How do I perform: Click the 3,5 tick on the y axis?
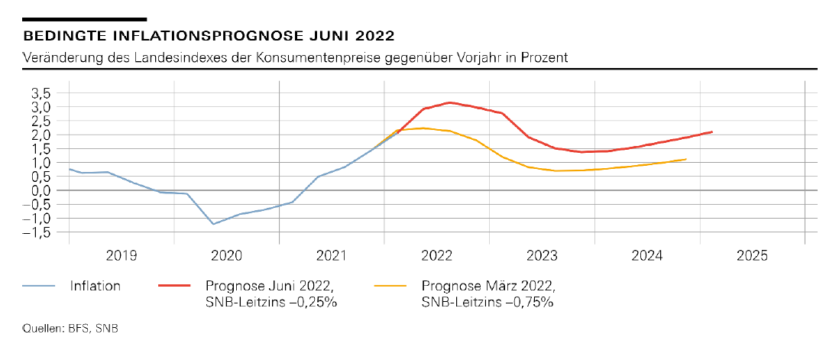(x=40, y=93)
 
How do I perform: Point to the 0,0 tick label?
(x=40, y=190)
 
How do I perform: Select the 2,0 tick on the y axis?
(x=40, y=135)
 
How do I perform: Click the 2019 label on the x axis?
(x=121, y=256)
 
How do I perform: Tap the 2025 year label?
(x=753, y=256)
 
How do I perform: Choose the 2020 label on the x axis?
(x=226, y=256)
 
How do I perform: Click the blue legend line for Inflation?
(x=40, y=286)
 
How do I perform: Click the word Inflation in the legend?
(x=96, y=286)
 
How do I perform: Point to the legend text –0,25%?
(x=314, y=301)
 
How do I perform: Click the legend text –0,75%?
(x=530, y=301)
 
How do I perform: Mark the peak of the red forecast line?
(x=450, y=102)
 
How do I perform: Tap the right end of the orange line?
(x=686, y=159)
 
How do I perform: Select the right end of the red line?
(x=712, y=131)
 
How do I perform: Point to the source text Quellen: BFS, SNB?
(x=70, y=329)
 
